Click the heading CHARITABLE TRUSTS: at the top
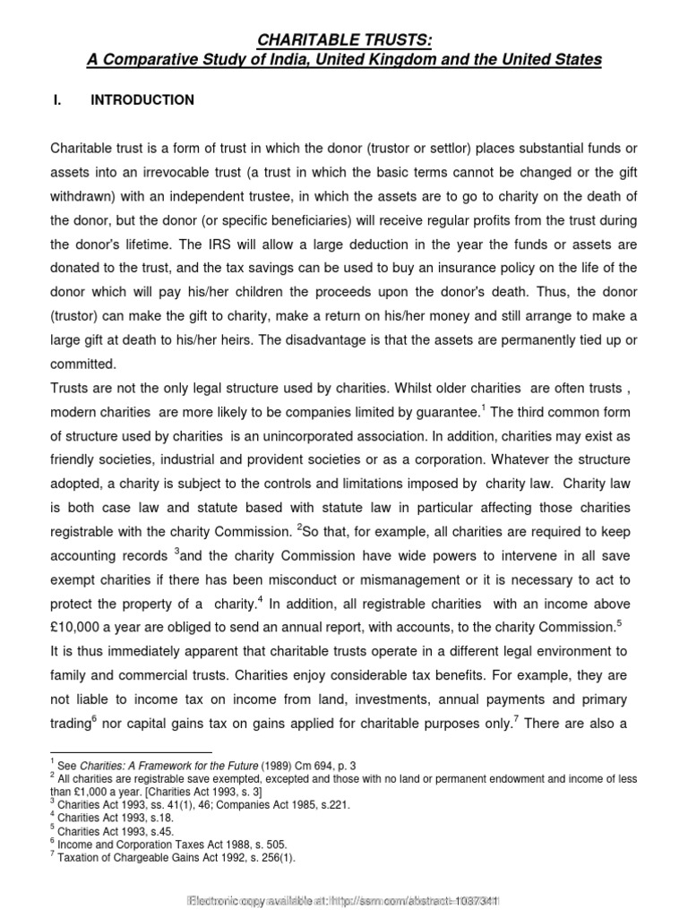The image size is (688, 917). pos(344,40)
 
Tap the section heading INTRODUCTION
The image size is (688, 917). pos(142,100)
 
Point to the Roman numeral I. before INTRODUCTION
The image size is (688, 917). pos(59,100)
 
